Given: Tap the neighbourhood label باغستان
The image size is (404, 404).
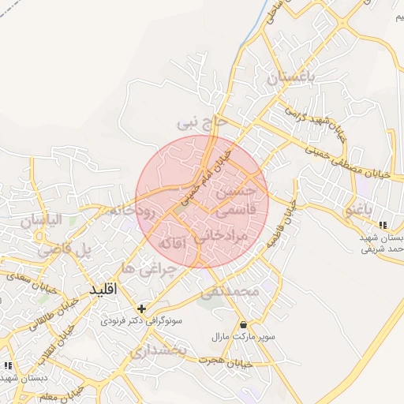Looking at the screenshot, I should tap(290, 78).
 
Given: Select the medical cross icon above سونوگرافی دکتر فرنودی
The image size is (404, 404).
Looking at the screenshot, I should tap(142, 309).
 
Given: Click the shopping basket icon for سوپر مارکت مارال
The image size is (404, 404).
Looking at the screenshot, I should tap(243, 324).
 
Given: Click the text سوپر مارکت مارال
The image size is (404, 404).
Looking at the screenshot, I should tap(243, 337).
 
